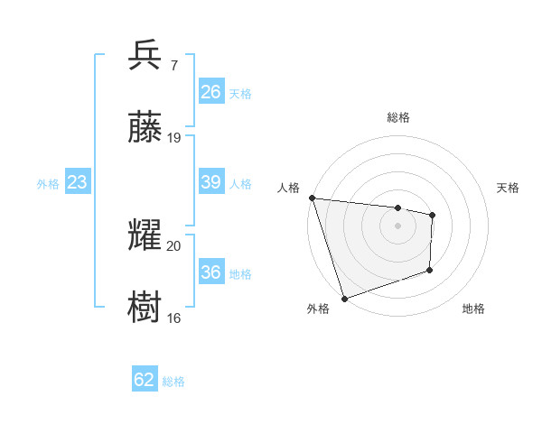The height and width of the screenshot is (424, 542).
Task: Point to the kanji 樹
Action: [x=146, y=307]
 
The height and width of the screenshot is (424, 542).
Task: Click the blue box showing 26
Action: [x=210, y=92]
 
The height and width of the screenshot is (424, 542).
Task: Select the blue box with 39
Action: [x=210, y=182]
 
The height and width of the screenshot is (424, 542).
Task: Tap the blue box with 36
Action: [x=210, y=272]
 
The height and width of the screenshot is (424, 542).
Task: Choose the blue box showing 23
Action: [x=77, y=182]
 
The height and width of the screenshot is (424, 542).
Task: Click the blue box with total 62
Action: [x=145, y=380]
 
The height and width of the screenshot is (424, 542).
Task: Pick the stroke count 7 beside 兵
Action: [x=173, y=65]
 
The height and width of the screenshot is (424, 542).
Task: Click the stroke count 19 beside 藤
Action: [x=174, y=138]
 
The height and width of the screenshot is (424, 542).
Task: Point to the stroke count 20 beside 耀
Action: [x=174, y=245]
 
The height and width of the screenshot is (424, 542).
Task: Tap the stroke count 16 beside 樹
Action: [x=174, y=318]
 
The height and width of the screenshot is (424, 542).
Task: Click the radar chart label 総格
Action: [x=398, y=117]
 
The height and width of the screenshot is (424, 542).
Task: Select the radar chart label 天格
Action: [x=509, y=188]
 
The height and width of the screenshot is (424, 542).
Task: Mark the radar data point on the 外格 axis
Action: [x=344, y=298]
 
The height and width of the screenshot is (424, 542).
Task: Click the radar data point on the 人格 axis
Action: [x=312, y=198]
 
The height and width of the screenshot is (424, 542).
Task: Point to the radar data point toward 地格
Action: [x=430, y=270]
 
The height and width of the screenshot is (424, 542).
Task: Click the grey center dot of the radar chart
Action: [x=397, y=226]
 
